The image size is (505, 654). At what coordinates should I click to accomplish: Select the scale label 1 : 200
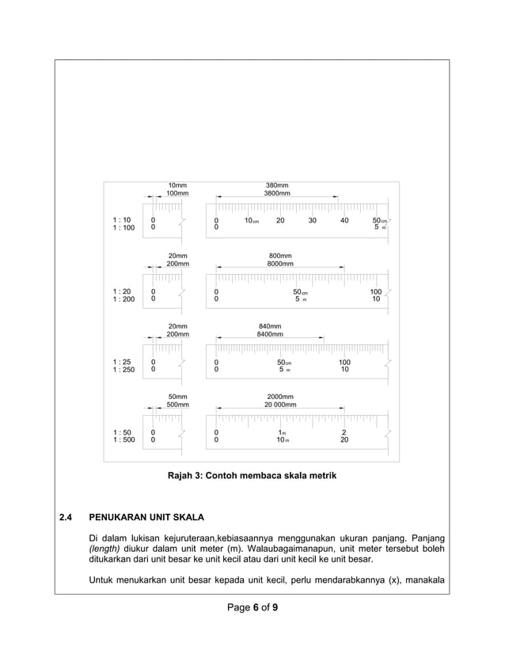tap(123, 299)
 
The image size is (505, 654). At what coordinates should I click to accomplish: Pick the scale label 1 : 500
tap(123, 439)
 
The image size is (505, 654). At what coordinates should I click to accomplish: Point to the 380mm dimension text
tap(277, 185)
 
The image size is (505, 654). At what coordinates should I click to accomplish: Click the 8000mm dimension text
tap(280, 264)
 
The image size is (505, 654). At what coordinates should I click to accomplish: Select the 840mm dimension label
tap(270, 326)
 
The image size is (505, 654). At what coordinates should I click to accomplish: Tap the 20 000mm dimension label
tap(280, 404)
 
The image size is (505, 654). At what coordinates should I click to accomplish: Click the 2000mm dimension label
tap(280, 396)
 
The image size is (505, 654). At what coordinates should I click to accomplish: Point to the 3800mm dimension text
tap(277, 193)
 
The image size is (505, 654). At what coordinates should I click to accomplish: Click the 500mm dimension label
tap(177, 404)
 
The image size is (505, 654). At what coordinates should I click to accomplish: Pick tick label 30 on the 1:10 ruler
tap(313, 220)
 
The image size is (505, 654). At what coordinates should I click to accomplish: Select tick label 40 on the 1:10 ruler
tap(344, 220)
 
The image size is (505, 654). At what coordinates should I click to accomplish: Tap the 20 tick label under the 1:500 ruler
tap(344, 439)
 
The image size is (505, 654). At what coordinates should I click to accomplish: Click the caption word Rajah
tap(180, 476)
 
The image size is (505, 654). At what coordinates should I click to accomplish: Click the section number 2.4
tap(66, 518)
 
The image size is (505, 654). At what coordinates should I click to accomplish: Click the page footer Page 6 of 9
tap(252, 609)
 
